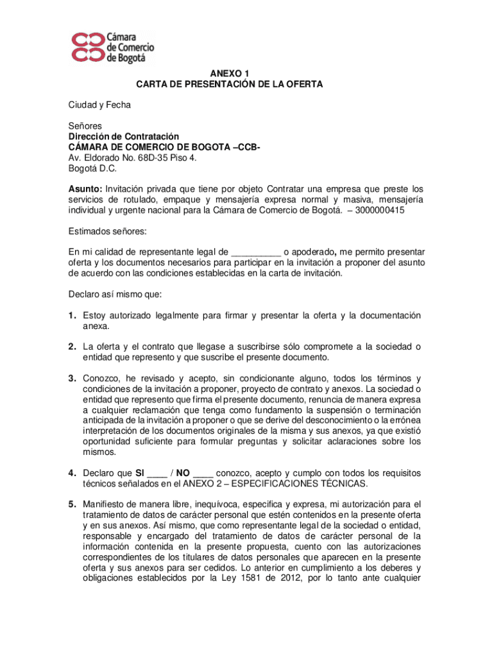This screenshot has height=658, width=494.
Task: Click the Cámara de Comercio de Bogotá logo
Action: [x=112, y=46]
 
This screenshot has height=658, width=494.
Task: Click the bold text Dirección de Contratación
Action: [x=124, y=136]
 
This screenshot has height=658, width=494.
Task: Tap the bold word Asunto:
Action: [x=85, y=189]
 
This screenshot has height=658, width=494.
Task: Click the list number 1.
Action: [x=74, y=315]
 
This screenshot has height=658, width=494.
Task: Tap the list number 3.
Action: [x=74, y=378]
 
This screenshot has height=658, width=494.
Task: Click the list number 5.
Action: [x=74, y=503]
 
